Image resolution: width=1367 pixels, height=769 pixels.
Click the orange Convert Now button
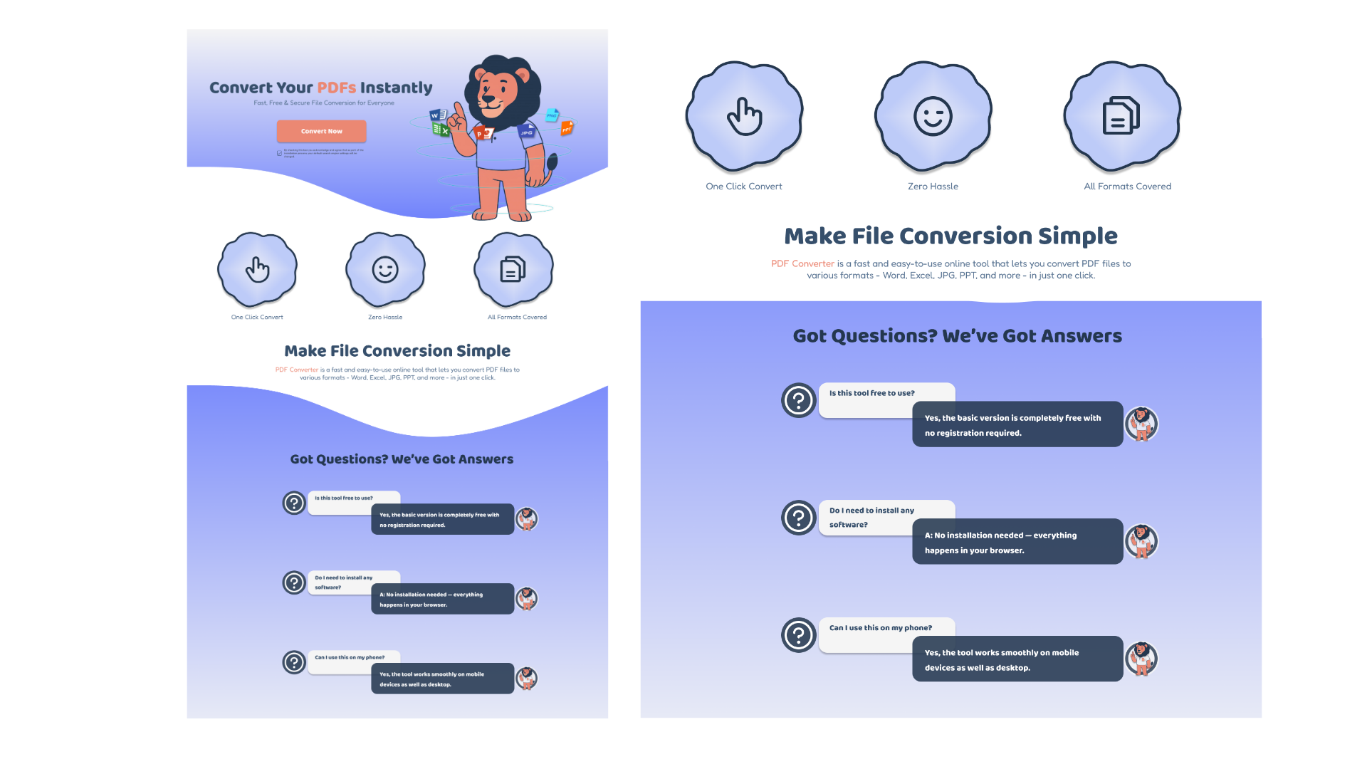(321, 131)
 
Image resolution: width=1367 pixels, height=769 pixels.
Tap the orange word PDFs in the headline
(337, 88)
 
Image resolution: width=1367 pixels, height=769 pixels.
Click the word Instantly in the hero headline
(396, 88)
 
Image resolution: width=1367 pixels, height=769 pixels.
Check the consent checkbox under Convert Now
(280, 153)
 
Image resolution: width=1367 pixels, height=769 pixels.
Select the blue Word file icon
(436, 115)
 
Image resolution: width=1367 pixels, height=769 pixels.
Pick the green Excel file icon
(441, 130)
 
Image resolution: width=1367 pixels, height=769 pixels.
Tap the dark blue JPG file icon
(527, 132)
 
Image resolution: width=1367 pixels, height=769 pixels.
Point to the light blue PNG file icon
(552, 115)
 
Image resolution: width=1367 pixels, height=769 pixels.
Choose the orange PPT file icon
(567, 128)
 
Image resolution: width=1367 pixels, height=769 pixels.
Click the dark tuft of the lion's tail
(551, 163)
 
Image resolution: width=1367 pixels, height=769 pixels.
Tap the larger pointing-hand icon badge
(744, 116)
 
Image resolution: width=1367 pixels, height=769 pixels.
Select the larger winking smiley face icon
(933, 116)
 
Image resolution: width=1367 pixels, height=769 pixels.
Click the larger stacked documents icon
(1121, 116)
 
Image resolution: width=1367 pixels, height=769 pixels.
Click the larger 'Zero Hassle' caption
(933, 187)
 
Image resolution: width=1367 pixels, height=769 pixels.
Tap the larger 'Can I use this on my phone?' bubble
(880, 628)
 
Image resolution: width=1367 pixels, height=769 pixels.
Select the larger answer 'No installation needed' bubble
(1017, 542)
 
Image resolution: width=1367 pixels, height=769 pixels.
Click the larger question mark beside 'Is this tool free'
(798, 400)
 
